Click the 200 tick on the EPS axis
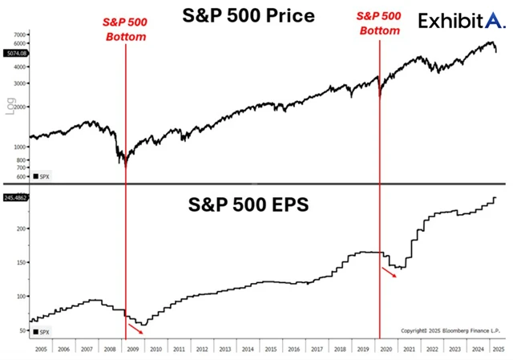[22, 229]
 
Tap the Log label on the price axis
[11, 107]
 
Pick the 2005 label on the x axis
[40, 350]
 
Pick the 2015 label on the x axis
[272, 350]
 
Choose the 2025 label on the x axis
[497, 350]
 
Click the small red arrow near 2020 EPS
[388, 273]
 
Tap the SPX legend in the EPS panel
[40, 330]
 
